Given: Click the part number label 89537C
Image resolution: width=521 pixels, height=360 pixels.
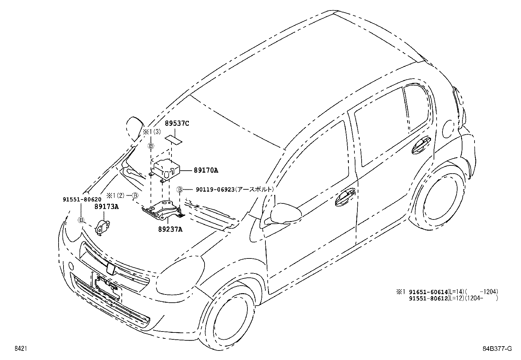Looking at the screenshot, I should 177,124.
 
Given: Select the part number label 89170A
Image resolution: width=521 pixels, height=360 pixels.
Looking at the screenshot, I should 206,170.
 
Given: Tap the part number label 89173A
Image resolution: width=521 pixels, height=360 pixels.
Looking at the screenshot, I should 107,206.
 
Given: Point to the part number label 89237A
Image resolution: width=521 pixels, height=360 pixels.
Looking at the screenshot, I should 171,229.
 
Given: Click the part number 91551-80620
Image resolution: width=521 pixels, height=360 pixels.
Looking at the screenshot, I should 82,199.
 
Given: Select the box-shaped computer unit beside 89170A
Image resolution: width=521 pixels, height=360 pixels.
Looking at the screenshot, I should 167,169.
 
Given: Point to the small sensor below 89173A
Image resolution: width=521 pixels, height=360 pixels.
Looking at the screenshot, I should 102,227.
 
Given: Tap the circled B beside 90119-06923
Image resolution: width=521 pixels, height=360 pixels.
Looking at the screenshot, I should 180,189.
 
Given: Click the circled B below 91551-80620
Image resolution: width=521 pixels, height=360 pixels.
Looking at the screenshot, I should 81,220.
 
